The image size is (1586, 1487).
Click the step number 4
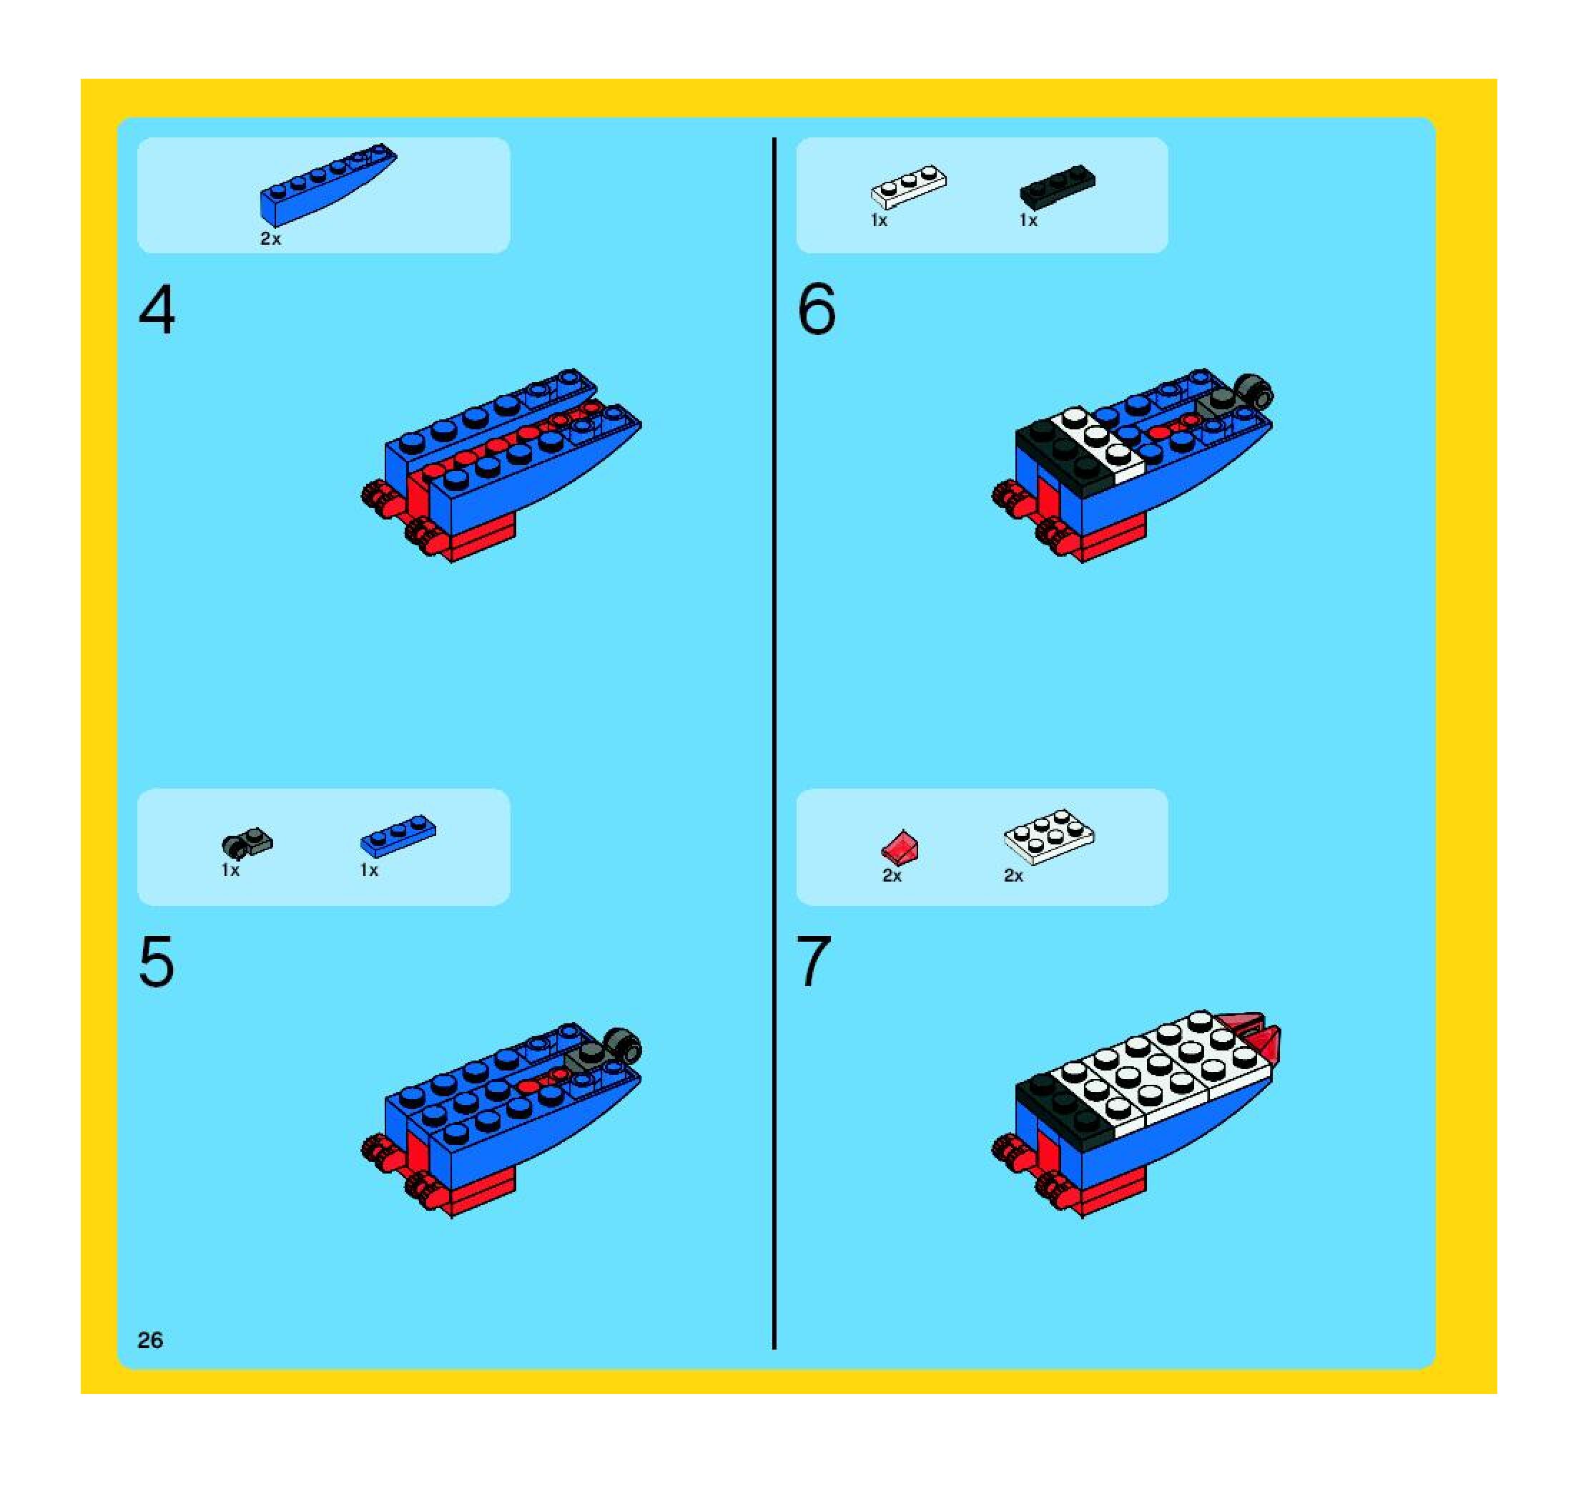157,311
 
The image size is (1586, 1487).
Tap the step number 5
157,962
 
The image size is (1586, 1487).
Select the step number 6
816,310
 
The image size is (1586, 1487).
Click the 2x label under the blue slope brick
270,239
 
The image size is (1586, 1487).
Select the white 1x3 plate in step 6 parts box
909,187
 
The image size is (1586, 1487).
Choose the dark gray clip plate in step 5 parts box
246,844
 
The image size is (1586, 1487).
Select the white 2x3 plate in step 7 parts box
1049,837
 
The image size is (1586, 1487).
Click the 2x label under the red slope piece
892,876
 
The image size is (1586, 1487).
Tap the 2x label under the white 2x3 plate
1013,876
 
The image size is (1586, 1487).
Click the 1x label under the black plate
1028,220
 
